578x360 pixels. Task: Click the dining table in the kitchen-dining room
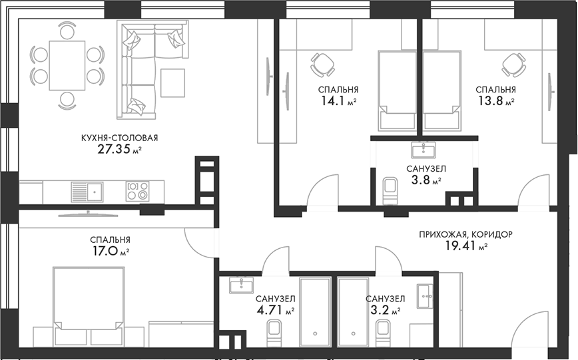point(67,66)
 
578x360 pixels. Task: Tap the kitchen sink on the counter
point(86,192)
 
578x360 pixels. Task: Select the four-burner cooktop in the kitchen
point(137,192)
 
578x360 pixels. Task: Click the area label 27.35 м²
point(120,150)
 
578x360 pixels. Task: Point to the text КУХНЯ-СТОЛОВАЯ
point(119,138)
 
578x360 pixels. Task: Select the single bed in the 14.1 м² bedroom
point(397,90)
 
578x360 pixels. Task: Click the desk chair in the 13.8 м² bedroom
point(514,64)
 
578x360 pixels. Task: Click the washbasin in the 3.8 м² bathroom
point(423,148)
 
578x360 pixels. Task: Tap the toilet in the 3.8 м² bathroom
point(390,188)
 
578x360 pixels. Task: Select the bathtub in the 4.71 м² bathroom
point(316,311)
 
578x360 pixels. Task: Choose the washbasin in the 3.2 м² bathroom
point(425,295)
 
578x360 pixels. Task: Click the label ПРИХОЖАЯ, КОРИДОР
point(466,234)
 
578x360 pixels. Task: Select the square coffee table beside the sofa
point(172,83)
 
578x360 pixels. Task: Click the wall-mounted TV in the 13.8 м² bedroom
point(551,91)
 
